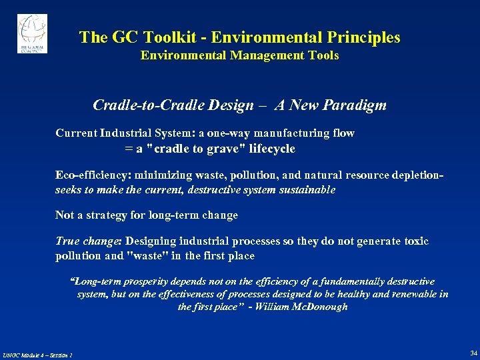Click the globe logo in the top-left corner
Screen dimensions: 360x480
[32, 33]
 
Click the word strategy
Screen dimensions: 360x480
[115, 215]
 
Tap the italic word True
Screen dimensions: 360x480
[67, 241]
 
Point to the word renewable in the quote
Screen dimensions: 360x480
[408, 294]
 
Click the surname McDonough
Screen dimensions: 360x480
[319, 307]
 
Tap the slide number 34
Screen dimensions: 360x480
[473, 353]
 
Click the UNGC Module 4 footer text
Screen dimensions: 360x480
[37, 355]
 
